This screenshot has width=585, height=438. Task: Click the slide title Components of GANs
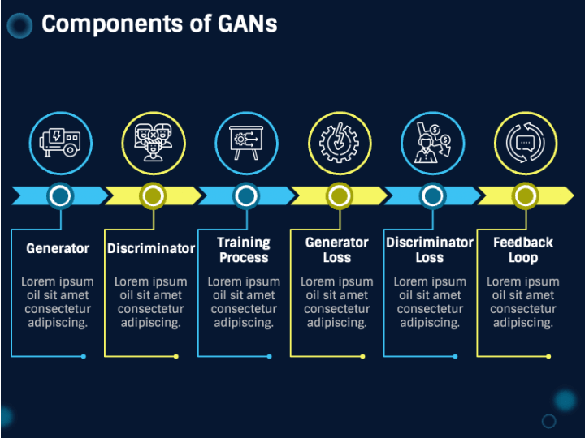[159, 24]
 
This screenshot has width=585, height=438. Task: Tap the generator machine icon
[60, 143]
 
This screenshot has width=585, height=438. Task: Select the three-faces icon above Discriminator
[154, 143]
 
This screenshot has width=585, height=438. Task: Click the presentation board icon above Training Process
[246, 143]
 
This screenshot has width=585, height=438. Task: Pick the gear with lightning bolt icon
[339, 143]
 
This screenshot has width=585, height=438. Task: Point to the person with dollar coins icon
[433, 143]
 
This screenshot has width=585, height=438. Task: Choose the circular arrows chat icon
[526, 143]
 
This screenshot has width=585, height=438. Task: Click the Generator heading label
[58, 248]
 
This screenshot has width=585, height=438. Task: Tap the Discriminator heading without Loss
[151, 248]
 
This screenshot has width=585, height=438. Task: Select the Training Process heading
[244, 250]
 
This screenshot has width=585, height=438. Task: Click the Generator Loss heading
[337, 250]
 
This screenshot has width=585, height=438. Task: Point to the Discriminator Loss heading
[430, 250]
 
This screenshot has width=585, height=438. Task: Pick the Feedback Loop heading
[523, 250]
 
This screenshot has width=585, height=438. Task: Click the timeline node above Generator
[60, 195]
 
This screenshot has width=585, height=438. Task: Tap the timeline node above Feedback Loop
[526, 195]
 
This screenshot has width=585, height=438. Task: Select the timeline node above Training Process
[246, 195]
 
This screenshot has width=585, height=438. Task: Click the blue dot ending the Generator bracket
[84, 356]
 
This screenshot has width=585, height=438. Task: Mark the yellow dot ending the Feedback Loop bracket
[548, 356]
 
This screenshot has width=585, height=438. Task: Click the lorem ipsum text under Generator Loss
[337, 302]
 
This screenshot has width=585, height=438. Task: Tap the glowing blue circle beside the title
[19, 26]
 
